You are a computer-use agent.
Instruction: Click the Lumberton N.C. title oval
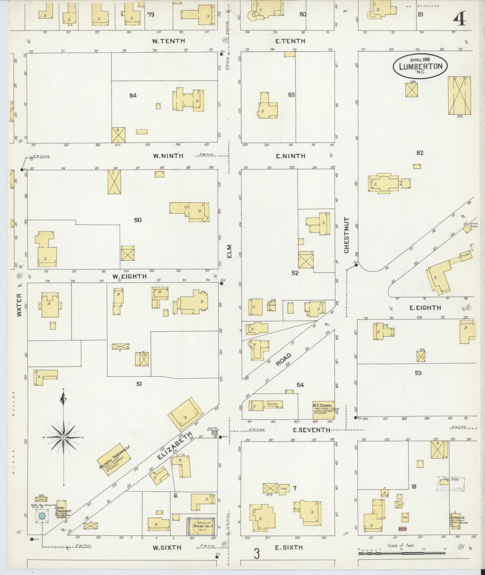coord(420,66)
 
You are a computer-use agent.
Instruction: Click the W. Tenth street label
coord(168,41)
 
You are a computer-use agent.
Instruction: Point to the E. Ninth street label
coord(290,156)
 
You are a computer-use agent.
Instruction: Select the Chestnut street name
coord(346,235)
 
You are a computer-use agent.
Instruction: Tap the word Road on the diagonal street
coord(284,360)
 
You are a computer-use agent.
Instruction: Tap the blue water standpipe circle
coord(42,516)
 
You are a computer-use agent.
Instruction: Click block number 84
coord(133,96)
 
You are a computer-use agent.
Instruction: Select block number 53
coord(418,373)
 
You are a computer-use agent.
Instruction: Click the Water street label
coord(20,304)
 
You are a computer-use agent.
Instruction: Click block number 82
coord(420,153)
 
